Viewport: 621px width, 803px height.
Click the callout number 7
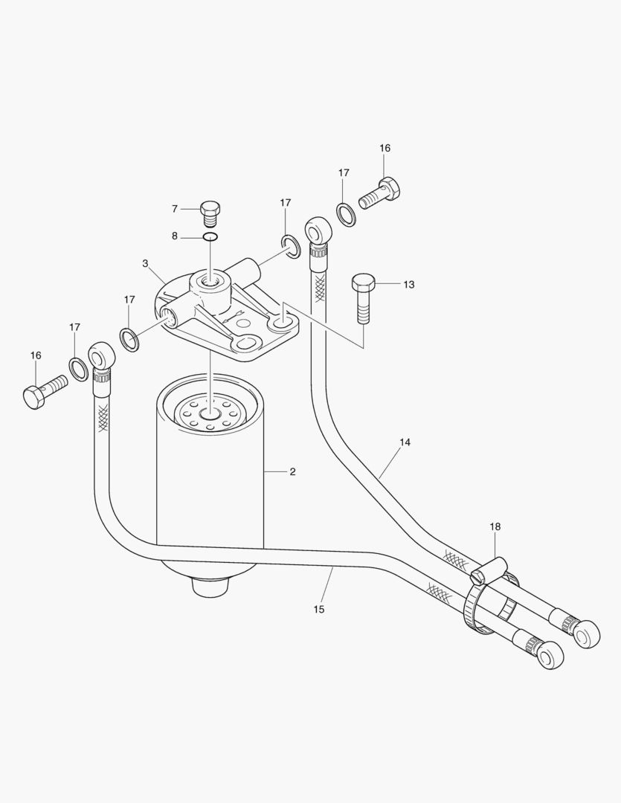[175, 208]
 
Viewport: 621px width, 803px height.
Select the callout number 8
[175, 236]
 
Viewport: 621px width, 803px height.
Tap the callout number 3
[145, 263]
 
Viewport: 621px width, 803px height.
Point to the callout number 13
[408, 284]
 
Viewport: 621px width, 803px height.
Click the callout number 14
[405, 442]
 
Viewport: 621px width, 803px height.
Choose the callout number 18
[495, 526]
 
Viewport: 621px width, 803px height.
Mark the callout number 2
[292, 471]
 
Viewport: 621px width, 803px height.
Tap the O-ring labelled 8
[210, 237]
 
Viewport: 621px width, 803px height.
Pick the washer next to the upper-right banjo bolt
[346, 213]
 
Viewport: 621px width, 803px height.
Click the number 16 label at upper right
[384, 148]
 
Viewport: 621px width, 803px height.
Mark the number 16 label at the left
[36, 355]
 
